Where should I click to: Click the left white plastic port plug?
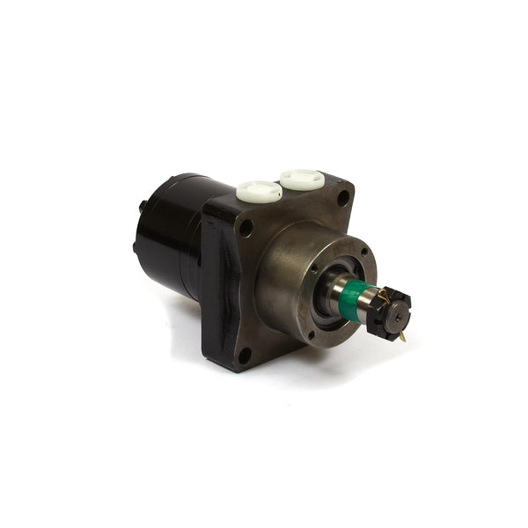[x=259, y=190]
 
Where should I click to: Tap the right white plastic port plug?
[x=302, y=180]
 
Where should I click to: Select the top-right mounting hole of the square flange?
[x=342, y=198]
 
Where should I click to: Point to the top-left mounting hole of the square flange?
[x=246, y=227]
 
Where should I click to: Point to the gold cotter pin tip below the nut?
[x=402, y=337]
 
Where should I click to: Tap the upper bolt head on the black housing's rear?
[x=142, y=207]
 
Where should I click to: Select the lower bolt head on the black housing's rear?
[x=135, y=248]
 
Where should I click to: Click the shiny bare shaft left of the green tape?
[x=334, y=290]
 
